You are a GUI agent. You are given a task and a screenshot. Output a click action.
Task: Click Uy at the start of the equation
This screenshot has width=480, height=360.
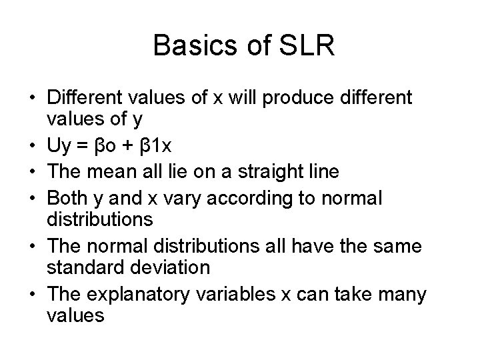(58, 147)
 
